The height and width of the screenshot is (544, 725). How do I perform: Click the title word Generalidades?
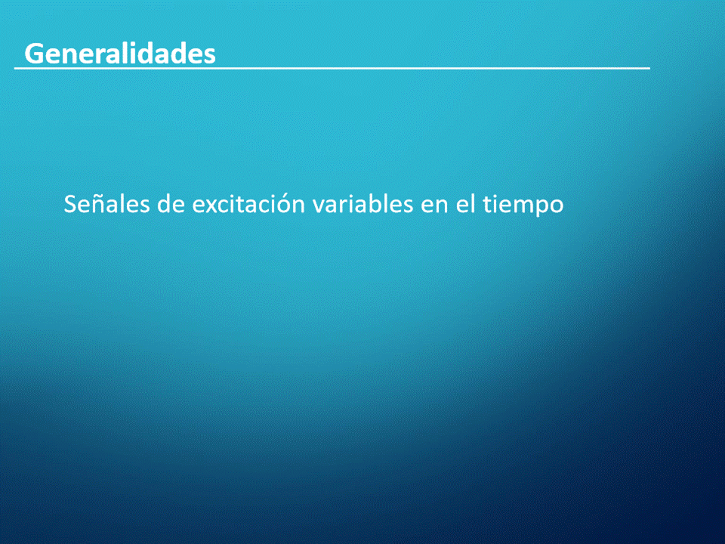[120, 53]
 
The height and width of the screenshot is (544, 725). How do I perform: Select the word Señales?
[106, 203]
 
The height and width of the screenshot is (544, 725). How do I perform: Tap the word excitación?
[248, 203]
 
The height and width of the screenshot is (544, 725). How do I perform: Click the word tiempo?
[523, 206]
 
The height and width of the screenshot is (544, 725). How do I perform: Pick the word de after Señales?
[171, 203]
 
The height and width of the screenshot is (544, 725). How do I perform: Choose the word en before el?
[435, 206]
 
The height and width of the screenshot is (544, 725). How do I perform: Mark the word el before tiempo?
[466, 203]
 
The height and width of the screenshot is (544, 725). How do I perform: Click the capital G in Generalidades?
[34, 54]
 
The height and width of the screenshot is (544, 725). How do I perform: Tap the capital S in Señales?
[69, 204]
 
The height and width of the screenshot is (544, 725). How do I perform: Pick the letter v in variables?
[319, 206]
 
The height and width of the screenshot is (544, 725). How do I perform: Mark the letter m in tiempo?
[518, 206]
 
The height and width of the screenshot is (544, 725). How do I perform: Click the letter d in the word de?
[164, 203]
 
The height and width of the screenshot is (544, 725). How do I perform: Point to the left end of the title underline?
[14, 69]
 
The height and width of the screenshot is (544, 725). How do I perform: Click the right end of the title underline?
[650, 69]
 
